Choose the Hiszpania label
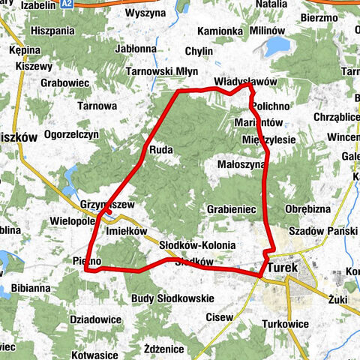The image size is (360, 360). click(x=53, y=31)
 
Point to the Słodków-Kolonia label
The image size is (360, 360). click(x=198, y=245)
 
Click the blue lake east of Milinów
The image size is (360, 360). click(x=277, y=48)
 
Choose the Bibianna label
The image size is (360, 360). click(x=31, y=287)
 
